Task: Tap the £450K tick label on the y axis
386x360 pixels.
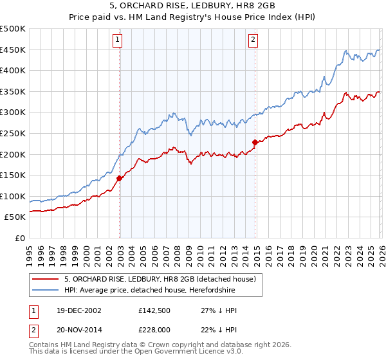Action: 13,50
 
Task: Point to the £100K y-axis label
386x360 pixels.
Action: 13,196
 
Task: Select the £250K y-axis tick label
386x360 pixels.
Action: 13,133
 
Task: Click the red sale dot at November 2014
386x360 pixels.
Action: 255,142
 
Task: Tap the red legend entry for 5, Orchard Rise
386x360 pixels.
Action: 160,279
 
